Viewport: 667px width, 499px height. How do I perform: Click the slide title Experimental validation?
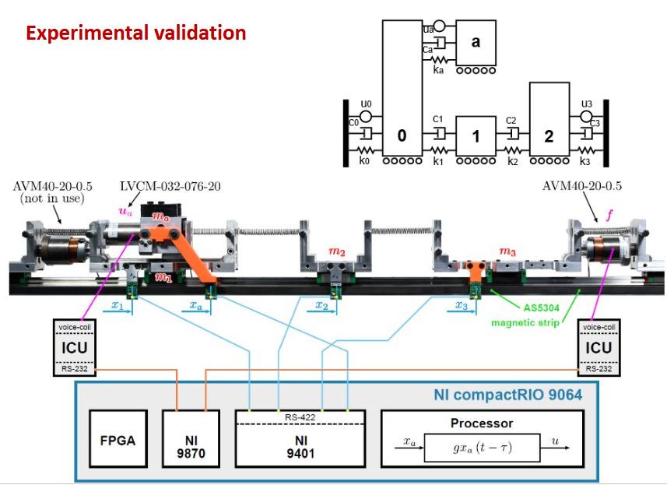click(x=136, y=33)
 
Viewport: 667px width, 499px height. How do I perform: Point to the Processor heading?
click(x=482, y=423)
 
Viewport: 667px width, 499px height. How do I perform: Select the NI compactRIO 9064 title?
click(x=507, y=395)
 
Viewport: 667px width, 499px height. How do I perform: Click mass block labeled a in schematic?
click(x=476, y=42)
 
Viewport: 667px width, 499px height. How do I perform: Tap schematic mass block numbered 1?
click(x=475, y=136)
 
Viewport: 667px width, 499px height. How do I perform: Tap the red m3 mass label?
click(x=507, y=252)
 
